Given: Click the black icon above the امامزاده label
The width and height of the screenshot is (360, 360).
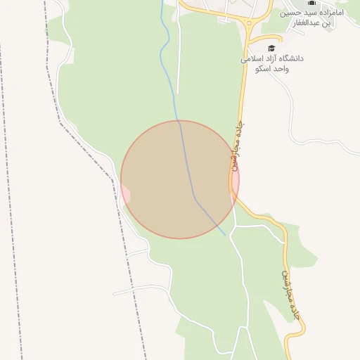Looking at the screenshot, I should coord(312,4).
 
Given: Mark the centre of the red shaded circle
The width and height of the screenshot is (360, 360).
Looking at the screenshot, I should coord(180,179).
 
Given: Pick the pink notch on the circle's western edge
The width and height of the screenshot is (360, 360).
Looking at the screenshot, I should coord(126,191).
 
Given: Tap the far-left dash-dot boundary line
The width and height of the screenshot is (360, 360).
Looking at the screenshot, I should coord(11,176).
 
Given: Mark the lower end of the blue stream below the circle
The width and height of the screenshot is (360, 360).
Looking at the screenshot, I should coord(225,235).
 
